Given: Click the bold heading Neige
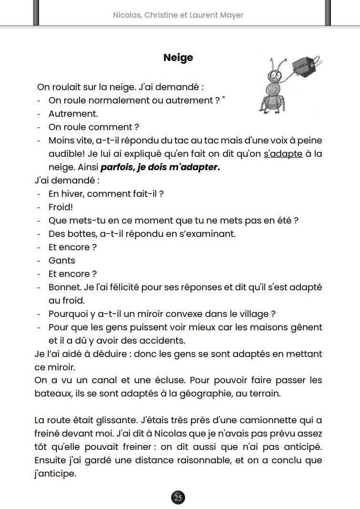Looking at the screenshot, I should coord(178,58).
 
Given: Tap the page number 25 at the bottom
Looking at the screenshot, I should coord(178,498).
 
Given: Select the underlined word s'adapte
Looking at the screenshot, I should coord(283,154).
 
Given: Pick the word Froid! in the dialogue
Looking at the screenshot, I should coord(60,207).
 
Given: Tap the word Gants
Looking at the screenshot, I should coord(62,261).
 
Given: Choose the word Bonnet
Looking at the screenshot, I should coord(64,287).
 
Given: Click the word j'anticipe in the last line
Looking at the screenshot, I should coord(55,474).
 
